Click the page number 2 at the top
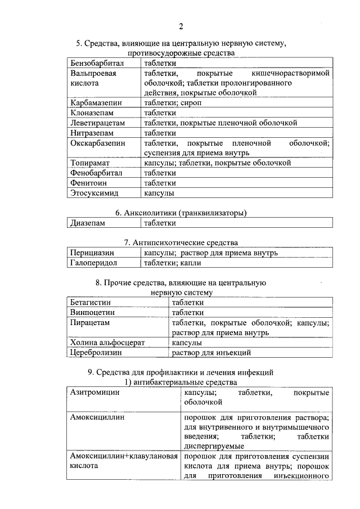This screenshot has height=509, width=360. [181, 26]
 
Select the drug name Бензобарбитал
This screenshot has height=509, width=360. [97, 64]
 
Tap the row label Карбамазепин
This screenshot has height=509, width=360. [95, 103]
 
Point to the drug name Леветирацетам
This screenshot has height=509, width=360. [98, 123]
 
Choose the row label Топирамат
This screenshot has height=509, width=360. [90, 163]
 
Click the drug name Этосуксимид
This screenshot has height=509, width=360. [94, 193]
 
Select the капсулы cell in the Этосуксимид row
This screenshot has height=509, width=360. [159, 193]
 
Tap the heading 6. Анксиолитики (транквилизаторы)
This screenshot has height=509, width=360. [181, 213]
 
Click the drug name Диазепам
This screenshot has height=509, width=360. [88, 223]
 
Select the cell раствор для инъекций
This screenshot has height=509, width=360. [211, 353]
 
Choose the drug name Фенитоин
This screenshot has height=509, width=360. [89, 183]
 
